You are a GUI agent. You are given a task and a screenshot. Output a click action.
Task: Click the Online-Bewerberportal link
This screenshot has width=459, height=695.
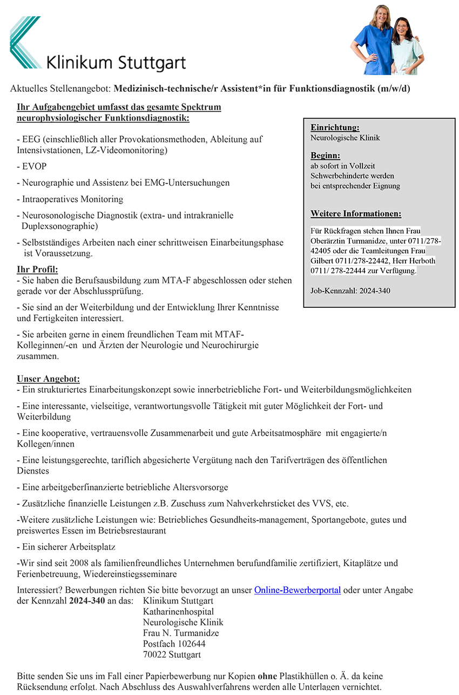297,590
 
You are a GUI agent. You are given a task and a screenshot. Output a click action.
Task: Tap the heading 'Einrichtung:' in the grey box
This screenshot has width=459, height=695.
335,127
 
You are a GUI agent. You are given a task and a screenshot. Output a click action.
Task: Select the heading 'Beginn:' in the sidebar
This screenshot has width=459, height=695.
325,156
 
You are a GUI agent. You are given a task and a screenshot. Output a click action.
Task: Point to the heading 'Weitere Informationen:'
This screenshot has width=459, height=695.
356,213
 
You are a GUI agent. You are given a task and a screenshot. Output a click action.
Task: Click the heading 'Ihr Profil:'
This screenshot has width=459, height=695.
37,269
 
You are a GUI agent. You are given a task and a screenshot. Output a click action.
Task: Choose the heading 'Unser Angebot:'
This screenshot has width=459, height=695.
48,379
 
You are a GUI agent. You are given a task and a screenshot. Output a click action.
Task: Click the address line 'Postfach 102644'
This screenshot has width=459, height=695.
174,644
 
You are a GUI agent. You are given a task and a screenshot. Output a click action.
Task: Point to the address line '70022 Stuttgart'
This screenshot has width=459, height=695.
172,654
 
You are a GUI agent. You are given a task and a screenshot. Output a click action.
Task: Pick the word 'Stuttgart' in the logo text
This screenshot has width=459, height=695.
152,63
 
